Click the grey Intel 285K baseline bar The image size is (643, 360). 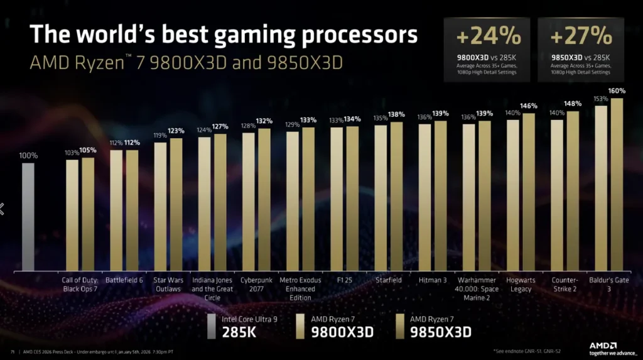(28, 217)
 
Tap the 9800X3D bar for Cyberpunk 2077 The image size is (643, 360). (249, 202)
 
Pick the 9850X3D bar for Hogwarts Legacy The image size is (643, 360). (529, 192)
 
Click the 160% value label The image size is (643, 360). (617, 91)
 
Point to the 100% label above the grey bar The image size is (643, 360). (28, 155)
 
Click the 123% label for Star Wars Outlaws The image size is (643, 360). (176, 131)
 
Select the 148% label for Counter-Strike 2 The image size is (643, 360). (573, 104)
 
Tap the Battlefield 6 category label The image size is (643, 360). (124, 280)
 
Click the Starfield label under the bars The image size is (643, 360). (389, 280)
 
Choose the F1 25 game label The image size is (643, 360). (345, 280)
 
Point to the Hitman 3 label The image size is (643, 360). (433, 280)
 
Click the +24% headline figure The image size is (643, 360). (487, 36)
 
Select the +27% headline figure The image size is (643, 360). (581, 36)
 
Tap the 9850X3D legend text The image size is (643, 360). (440, 331)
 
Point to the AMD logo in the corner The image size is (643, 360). (603, 345)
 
